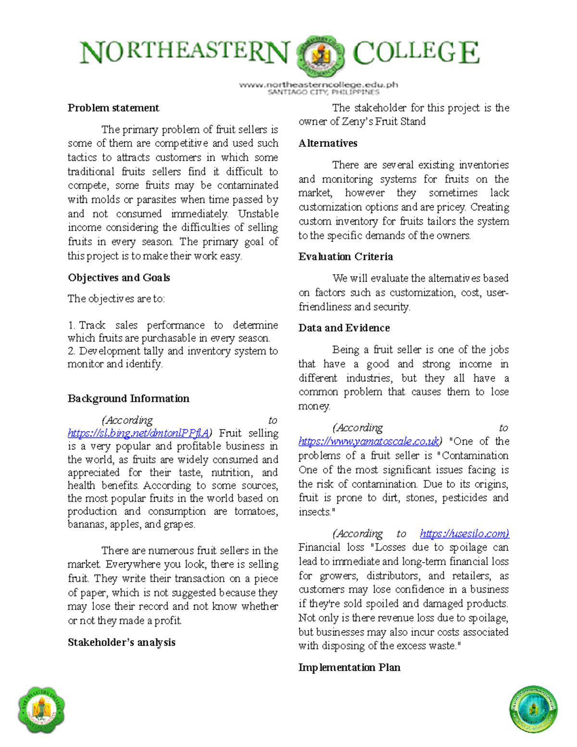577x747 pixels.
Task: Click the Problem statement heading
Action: coord(113,108)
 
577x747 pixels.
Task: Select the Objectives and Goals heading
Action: coord(119,278)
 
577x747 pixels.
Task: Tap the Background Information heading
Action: coord(128,398)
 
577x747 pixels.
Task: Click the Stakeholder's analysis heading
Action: coord(121,642)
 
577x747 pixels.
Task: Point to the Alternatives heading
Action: coord(327,143)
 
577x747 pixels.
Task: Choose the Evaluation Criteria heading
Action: coord(345,256)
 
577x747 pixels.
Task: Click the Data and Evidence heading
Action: coord(344,328)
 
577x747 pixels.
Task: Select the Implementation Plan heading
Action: coord(349,667)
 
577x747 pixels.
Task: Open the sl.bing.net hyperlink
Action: coord(138,433)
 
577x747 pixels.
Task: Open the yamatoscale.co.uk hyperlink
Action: coord(368,442)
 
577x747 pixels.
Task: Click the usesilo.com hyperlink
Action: coord(464,533)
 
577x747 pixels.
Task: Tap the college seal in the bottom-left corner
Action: coord(42,710)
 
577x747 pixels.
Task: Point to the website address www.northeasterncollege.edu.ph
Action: coord(318,85)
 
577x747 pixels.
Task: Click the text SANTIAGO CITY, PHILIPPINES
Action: coord(323,92)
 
